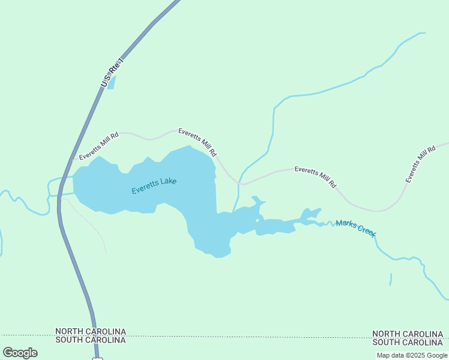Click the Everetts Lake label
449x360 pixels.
click(x=154, y=185)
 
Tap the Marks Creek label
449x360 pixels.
click(x=356, y=227)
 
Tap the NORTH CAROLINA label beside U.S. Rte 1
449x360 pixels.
click(x=91, y=331)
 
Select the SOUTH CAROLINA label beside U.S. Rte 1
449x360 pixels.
click(x=91, y=340)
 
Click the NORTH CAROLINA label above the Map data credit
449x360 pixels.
click(x=408, y=334)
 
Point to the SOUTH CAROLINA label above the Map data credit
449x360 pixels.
click(x=408, y=343)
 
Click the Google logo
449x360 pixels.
click(x=20, y=353)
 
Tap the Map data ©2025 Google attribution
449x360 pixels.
click(x=412, y=355)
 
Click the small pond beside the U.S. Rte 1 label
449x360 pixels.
click(x=112, y=82)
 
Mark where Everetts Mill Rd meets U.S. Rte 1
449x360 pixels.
click(x=72, y=160)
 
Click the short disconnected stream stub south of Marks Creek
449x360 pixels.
click(x=391, y=279)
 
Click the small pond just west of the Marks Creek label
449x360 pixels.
click(x=310, y=215)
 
